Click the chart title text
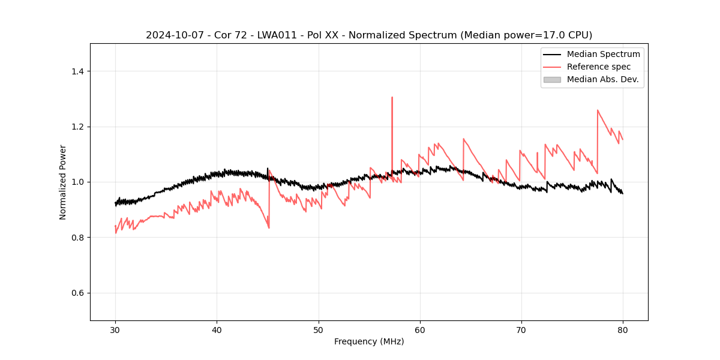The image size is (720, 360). pos(369,35)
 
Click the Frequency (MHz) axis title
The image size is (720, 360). pos(369,341)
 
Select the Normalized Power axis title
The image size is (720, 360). pos(63,182)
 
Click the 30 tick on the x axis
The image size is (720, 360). pos(115,329)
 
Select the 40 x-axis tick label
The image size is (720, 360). pos(217,329)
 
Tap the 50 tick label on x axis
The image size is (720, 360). pos(318,329)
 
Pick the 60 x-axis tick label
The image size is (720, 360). pos(419,329)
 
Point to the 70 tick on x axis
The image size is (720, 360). pos(521,329)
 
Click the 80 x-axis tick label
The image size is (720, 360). pos(622,329)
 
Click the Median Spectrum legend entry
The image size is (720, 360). pos(603,54)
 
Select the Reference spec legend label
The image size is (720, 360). pos(599,67)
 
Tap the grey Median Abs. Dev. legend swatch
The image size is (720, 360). pos(552,79)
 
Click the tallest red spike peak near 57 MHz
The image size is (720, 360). pos(392,97)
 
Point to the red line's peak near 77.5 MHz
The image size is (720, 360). pos(598,110)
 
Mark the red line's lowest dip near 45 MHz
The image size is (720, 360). pos(269,228)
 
